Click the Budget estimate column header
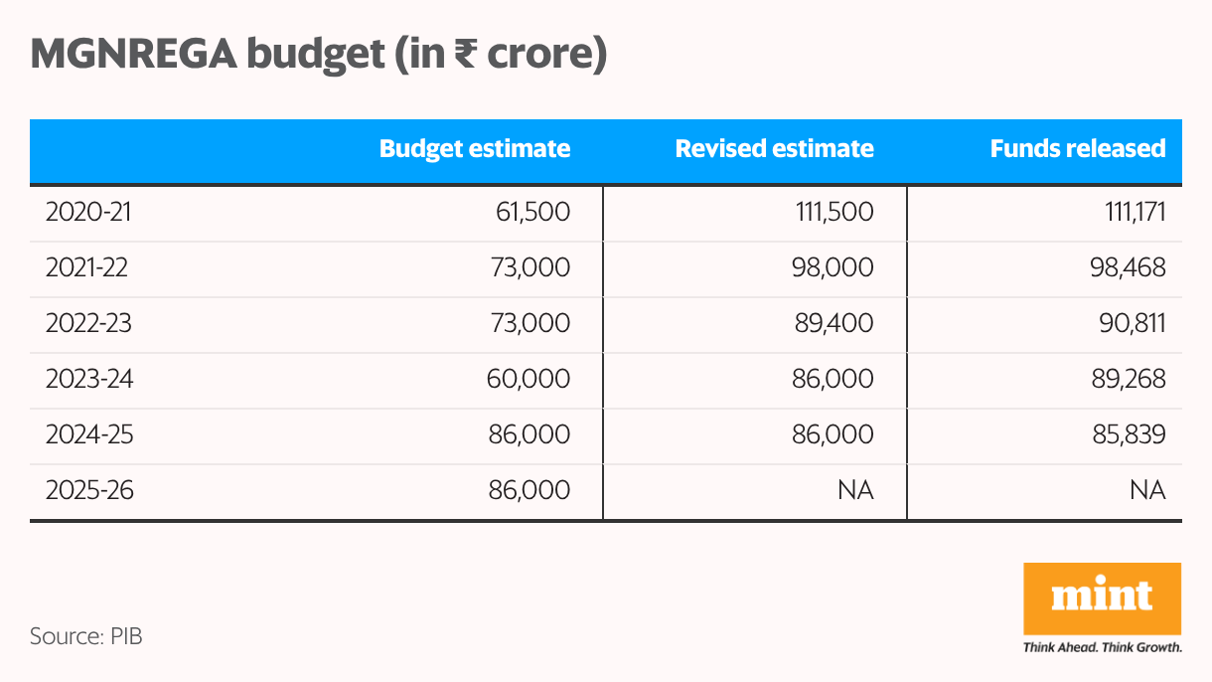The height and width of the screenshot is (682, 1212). point(475,149)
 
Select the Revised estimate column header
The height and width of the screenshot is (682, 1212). point(774,149)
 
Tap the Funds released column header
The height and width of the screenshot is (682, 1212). point(1077,149)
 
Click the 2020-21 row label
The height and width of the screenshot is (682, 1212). point(86,212)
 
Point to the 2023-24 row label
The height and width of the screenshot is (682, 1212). point(87,379)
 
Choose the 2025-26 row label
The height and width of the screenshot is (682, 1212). point(87,490)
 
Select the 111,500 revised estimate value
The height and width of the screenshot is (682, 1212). point(835,212)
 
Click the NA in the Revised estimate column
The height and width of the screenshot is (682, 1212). point(857,490)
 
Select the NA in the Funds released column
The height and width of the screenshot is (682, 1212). point(1149,490)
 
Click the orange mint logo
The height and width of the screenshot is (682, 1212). point(1102,597)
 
